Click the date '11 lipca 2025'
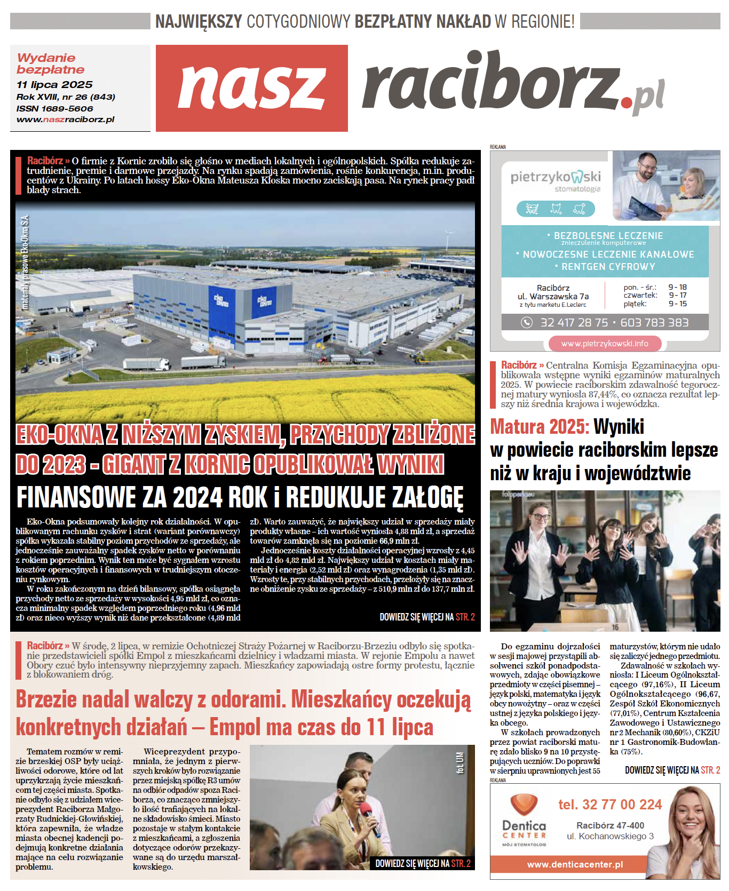click(x=54, y=85)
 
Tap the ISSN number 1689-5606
click(x=66, y=108)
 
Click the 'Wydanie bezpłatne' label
click(x=50, y=63)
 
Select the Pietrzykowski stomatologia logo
click(x=555, y=180)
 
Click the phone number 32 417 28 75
click(x=574, y=322)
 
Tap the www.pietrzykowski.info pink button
click(x=605, y=344)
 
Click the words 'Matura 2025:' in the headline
click(x=540, y=427)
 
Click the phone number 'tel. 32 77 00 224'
click(x=610, y=805)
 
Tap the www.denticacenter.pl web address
click(x=575, y=864)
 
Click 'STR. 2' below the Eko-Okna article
click(x=465, y=617)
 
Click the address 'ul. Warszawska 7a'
click(x=553, y=297)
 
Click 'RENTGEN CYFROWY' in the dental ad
click(x=608, y=267)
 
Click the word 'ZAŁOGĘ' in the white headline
click(x=427, y=497)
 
